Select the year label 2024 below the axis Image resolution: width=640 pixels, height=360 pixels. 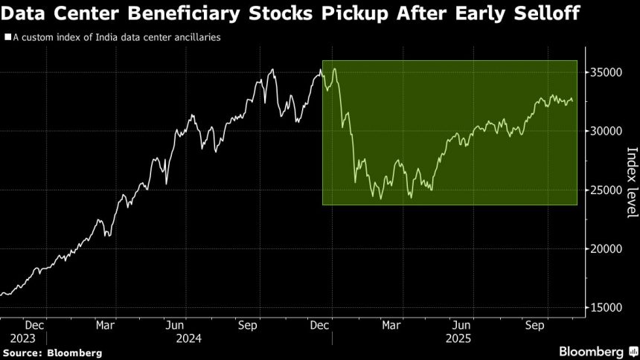pyautogui.click(x=187, y=337)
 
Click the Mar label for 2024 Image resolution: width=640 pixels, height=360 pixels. pyautogui.click(x=105, y=325)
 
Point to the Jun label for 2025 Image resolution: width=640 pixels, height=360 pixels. pyautogui.click(x=461, y=325)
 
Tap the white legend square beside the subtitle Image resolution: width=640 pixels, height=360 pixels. pyautogui.click(x=7, y=36)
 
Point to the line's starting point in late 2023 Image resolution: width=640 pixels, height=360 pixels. pyautogui.click(x=1, y=295)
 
